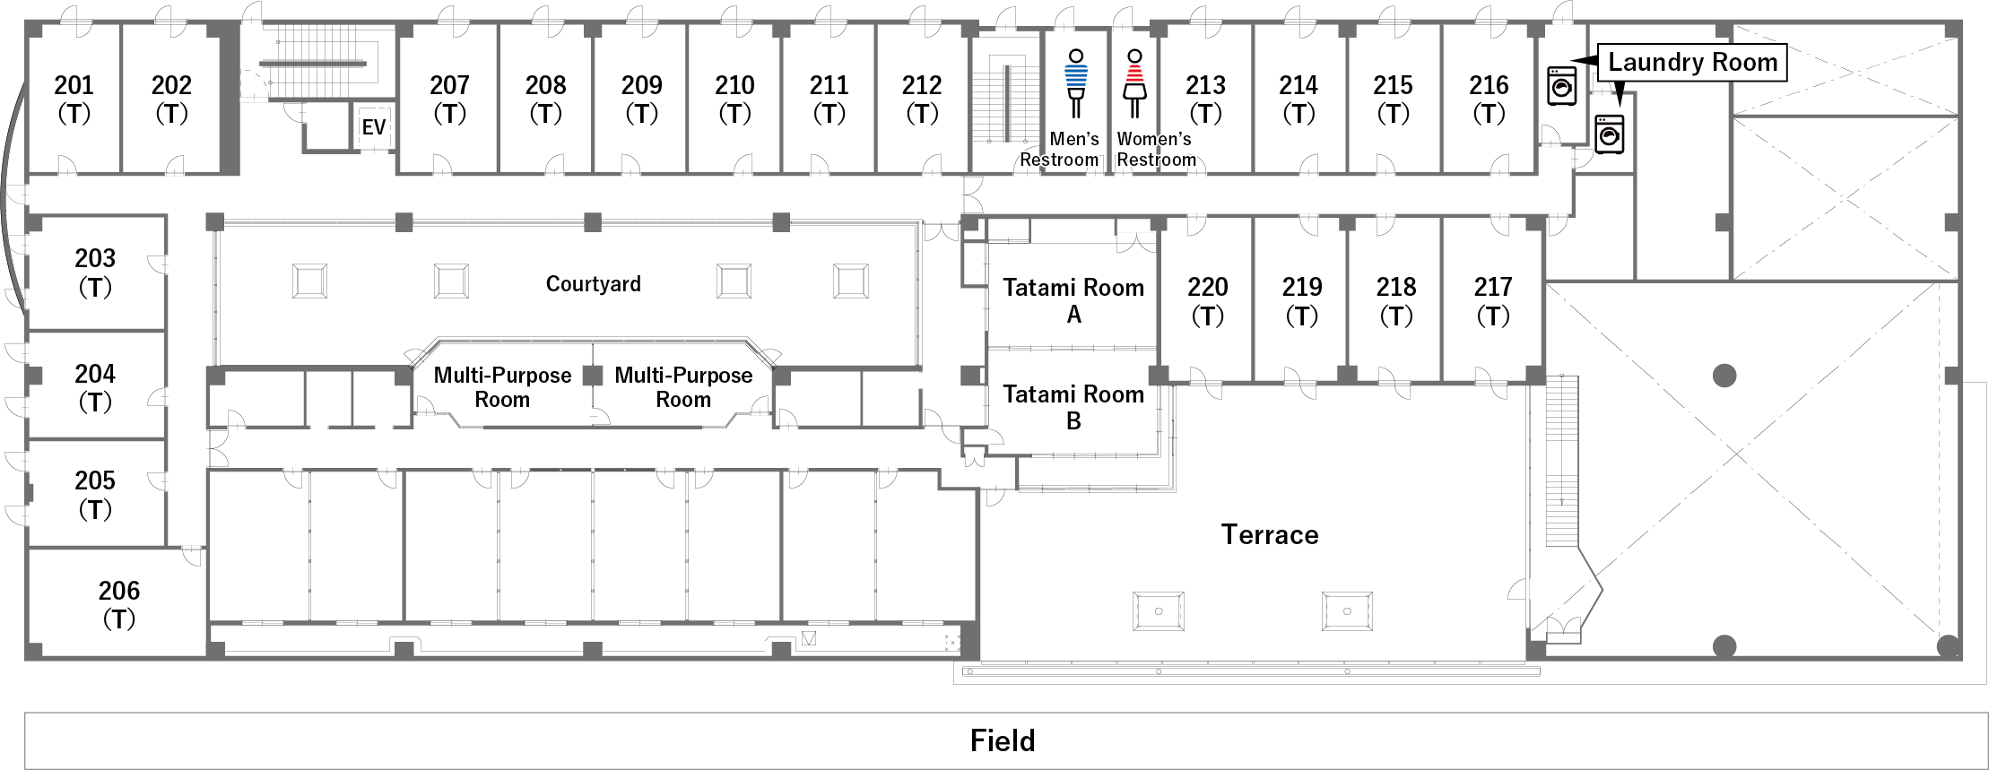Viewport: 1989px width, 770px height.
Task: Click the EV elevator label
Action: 373,127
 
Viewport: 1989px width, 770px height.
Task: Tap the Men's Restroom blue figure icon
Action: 1075,83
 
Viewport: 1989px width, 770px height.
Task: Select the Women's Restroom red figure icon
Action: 1134,83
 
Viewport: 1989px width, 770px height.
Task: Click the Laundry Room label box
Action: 1692,62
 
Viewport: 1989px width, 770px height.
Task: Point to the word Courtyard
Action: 593,284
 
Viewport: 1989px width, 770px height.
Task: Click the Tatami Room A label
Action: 1073,300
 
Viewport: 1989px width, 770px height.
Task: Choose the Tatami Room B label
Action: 1073,407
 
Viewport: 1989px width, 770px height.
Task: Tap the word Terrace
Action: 1270,534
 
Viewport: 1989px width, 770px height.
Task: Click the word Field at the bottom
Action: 1003,740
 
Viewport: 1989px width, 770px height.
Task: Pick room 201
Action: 74,99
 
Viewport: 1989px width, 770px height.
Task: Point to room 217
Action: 1492,300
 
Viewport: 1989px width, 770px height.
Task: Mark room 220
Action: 1207,300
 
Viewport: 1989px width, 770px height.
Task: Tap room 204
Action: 95,386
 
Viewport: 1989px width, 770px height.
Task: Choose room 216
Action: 1489,99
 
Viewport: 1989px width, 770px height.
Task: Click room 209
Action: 641,99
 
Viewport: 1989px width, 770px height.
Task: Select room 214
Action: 1298,99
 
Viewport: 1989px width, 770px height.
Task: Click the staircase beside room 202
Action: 314,63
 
